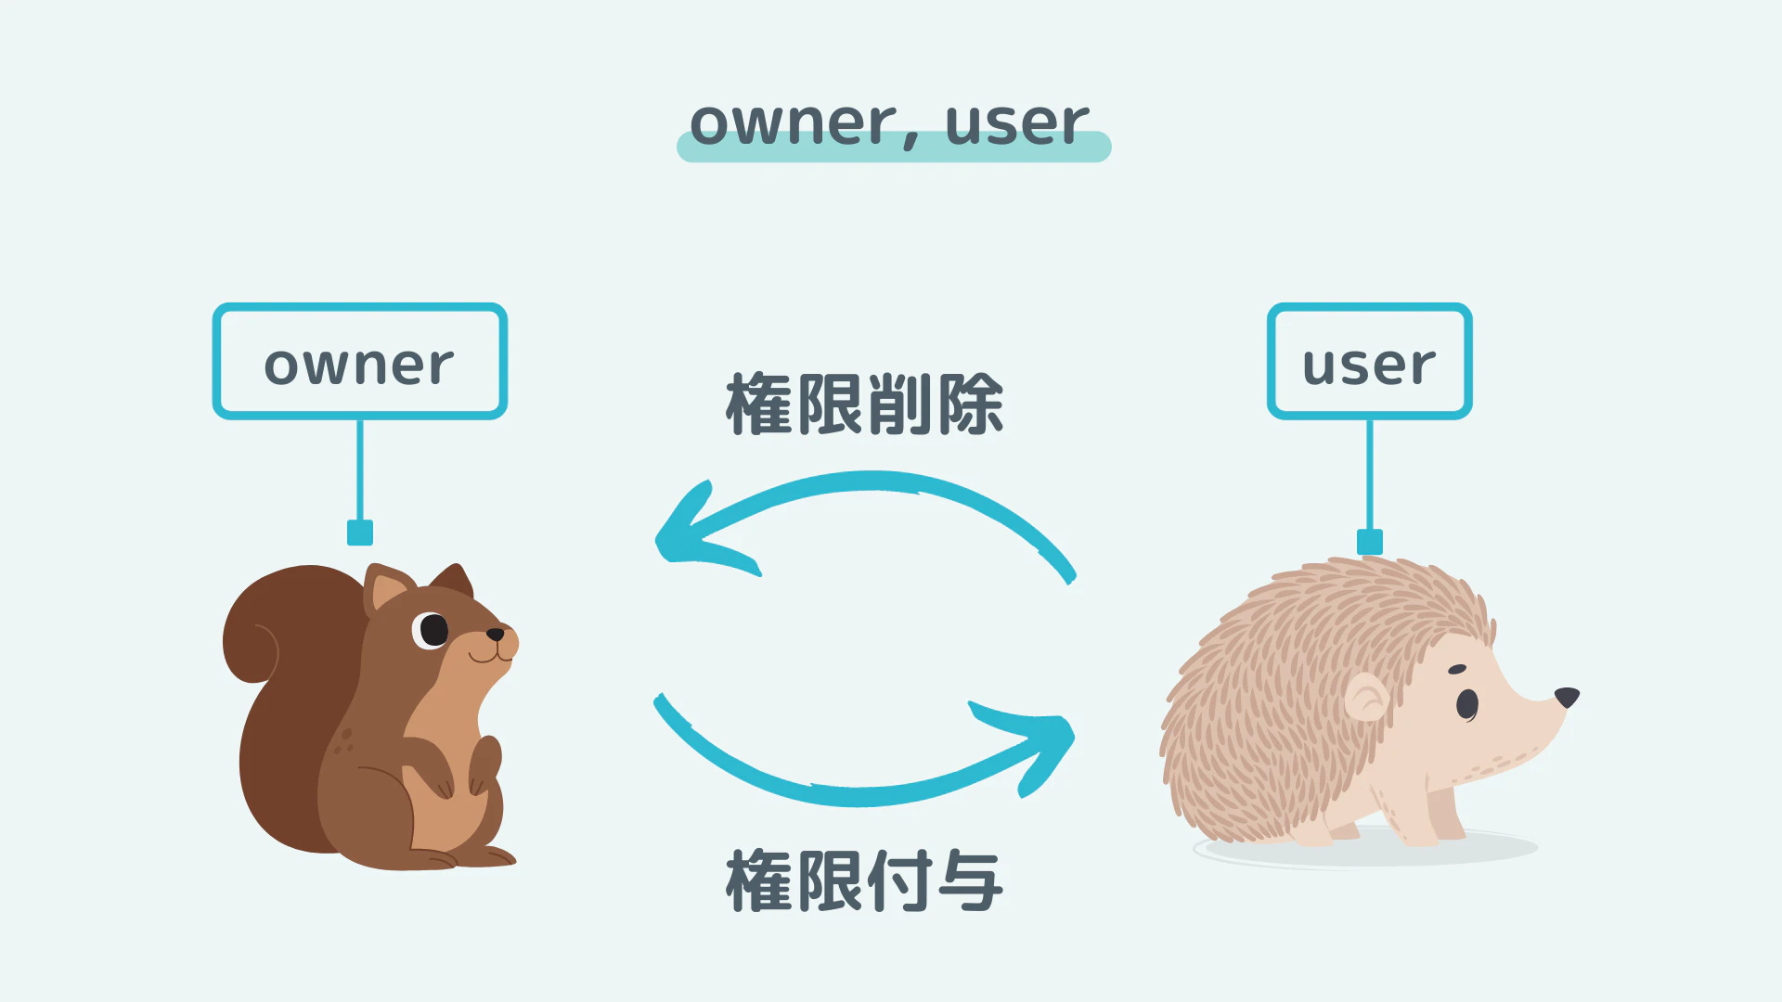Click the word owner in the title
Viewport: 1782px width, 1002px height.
794,124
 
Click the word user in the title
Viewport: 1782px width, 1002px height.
1017,124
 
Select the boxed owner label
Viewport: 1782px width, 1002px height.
360,361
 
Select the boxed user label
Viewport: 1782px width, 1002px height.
1370,361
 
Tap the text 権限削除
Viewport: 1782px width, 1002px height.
865,405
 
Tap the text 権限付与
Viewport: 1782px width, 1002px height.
865,880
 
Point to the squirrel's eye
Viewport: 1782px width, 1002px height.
432,630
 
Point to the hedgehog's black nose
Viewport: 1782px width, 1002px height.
1567,697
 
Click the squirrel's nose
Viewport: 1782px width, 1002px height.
496,635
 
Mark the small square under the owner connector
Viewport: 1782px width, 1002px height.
360,533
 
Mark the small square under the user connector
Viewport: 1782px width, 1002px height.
1370,542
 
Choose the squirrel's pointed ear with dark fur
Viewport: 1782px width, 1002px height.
453,581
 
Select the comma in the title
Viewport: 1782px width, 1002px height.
911,140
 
